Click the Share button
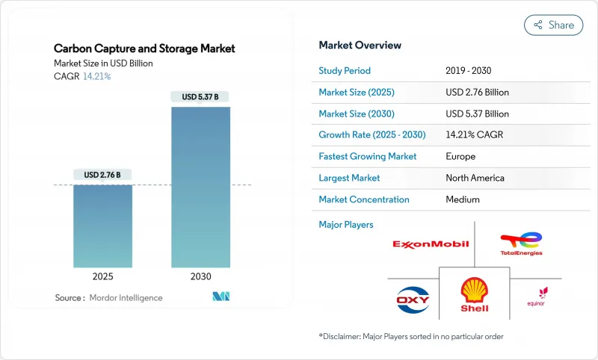pyautogui.click(x=554, y=25)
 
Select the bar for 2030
pyautogui.click(x=200, y=187)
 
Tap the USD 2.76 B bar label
pyautogui.click(x=102, y=175)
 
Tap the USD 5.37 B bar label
pyautogui.click(x=200, y=96)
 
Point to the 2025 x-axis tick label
pyautogui.click(x=102, y=276)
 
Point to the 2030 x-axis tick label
pyautogui.click(x=200, y=276)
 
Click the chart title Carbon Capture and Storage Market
pyautogui.click(x=144, y=49)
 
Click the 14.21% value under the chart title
pyautogui.click(x=96, y=76)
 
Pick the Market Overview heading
pyautogui.click(x=360, y=45)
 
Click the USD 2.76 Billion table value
pyautogui.click(x=477, y=92)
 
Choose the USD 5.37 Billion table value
pyautogui.click(x=477, y=114)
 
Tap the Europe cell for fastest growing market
pyautogui.click(x=460, y=157)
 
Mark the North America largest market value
pyautogui.click(x=475, y=178)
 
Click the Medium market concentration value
pyautogui.click(x=462, y=199)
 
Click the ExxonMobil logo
pyautogui.click(x=431, y=243)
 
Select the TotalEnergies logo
pyautogui.click(x=522, y=243)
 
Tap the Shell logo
pyautogui.click(x=475, y=294)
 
